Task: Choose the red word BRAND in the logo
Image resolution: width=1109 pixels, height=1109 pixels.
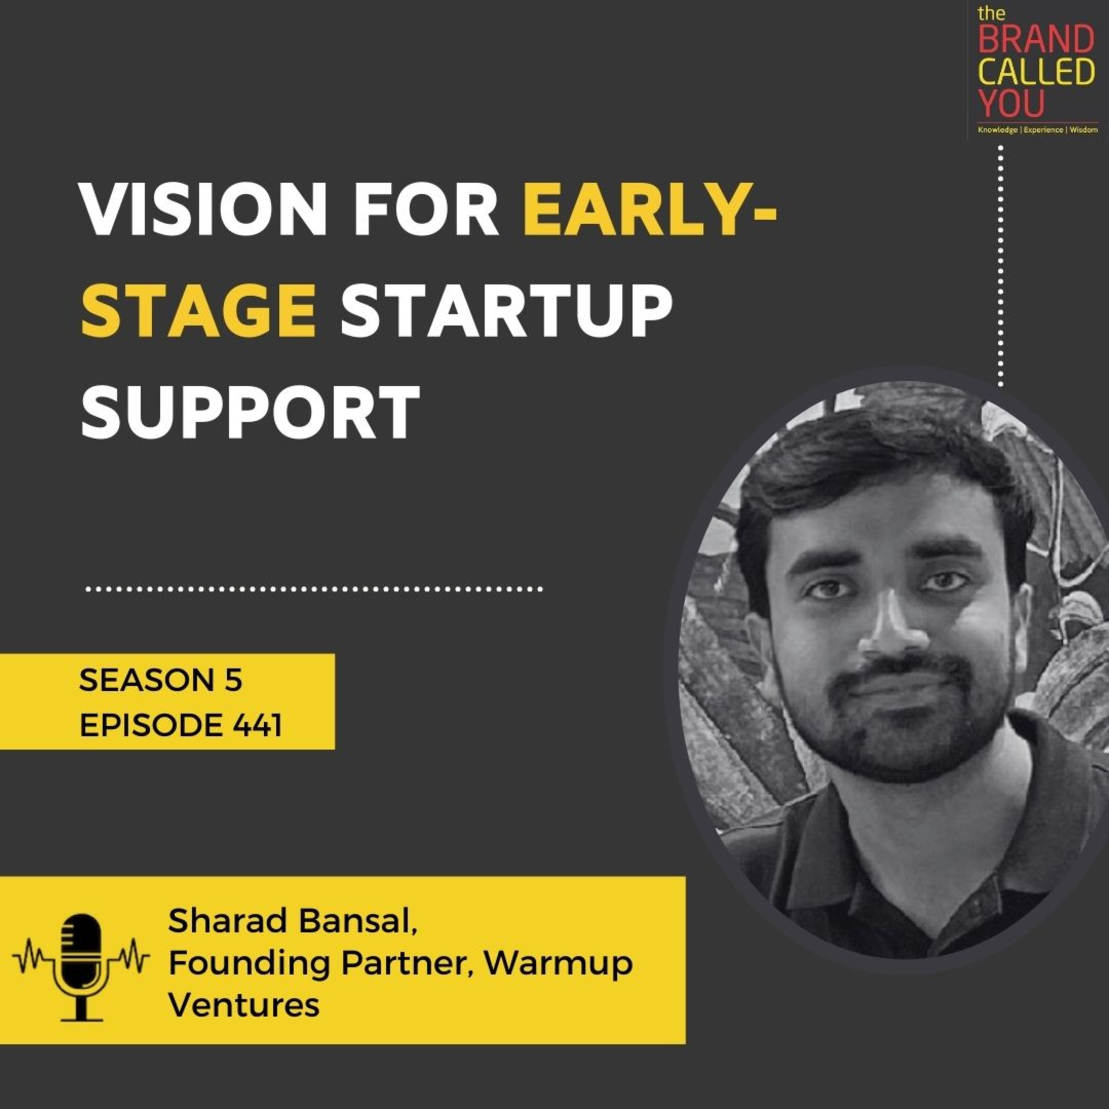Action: pyautogui.click(x=1036, y=40)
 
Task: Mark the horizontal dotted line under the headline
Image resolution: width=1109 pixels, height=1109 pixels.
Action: pyautogui.click(x=314, y=589)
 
